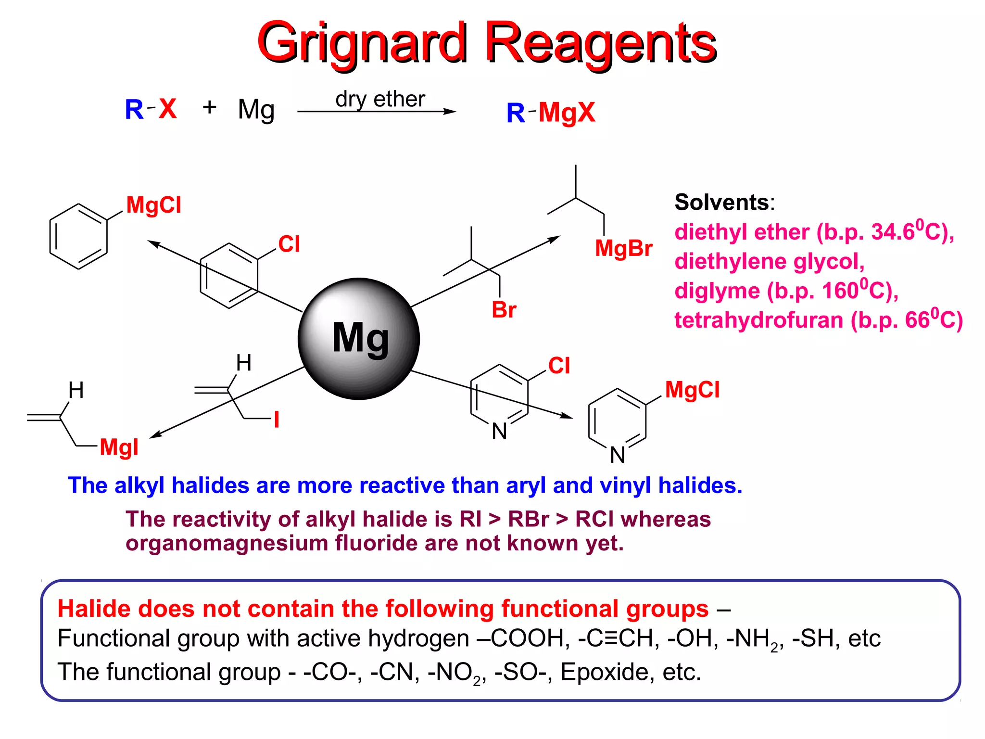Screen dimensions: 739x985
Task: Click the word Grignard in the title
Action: [x=363, y=43]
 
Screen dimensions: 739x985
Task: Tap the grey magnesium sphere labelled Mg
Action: [x=359, y=339]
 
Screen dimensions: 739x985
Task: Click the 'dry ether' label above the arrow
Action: [x=380, y=99]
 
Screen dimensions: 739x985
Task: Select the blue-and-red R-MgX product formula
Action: [x=551, y=113]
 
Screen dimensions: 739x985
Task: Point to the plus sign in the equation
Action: [x=209, y=107]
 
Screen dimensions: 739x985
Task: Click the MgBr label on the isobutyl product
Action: [x=624, y=249]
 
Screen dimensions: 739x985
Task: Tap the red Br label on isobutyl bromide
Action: [x=504, y=310]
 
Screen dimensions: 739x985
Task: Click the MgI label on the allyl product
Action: [x=119, y=447]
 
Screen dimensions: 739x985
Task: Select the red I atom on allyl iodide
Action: [x=277, y=420]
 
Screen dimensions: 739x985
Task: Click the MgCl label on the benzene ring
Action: [x=154, y=205]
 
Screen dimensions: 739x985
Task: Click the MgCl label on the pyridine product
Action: [x=693, y=390]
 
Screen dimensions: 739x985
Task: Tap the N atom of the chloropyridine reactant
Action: [x=499, y=432]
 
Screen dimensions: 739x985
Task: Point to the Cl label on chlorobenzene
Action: [x=289, y=244]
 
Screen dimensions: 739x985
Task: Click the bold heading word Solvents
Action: [x=722, y=202]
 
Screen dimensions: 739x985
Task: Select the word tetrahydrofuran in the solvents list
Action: [x=758, y=320]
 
